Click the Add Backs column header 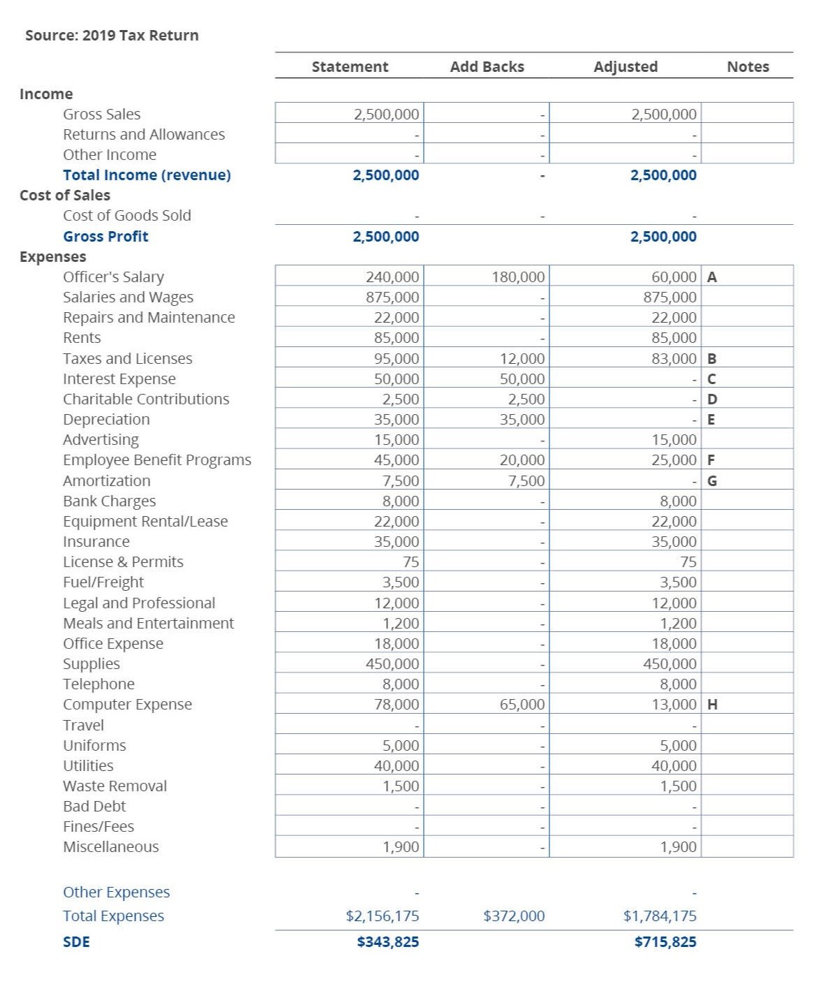pos(487,67)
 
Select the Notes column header pos(748,67)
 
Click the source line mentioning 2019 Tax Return pos(112,36)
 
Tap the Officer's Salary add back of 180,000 pos(518,277)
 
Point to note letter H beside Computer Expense pos(712,705)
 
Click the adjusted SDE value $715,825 pos(665,942)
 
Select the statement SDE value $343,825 pos(387,942)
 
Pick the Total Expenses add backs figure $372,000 pos(514,916)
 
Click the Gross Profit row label pos(105,237)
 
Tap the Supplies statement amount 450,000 pos(392,664)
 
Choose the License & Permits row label pos(123,562)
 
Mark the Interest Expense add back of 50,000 pos(522,379)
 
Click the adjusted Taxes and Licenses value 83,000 pos(674,359)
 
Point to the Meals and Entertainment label pos(148,624)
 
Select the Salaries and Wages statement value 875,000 pos(392,298)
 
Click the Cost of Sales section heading pos(65,196)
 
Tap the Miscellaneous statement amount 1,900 pos(401,847)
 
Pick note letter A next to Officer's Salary pos(712,277)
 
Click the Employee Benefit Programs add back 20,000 pos(522,460)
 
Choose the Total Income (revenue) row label pos(147,175)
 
